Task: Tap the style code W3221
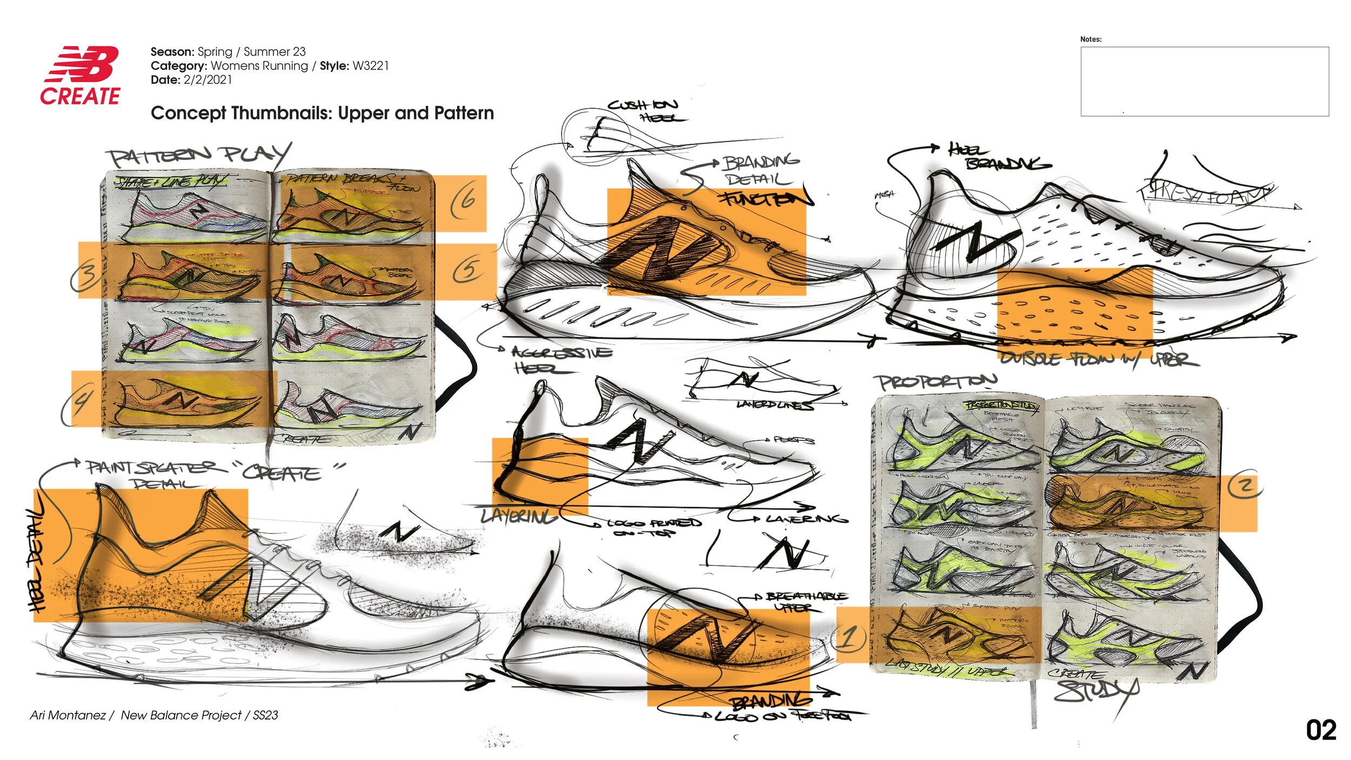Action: coord(370,66)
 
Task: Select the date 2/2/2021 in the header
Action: coord(208,80)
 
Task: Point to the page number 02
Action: coord(1320,730)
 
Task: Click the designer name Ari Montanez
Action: coord(68,715)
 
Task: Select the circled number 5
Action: coord(467,269)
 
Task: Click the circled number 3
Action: coord(86,272)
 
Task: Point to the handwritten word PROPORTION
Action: coord(935,382)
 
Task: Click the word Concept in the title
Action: coord(188,113)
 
